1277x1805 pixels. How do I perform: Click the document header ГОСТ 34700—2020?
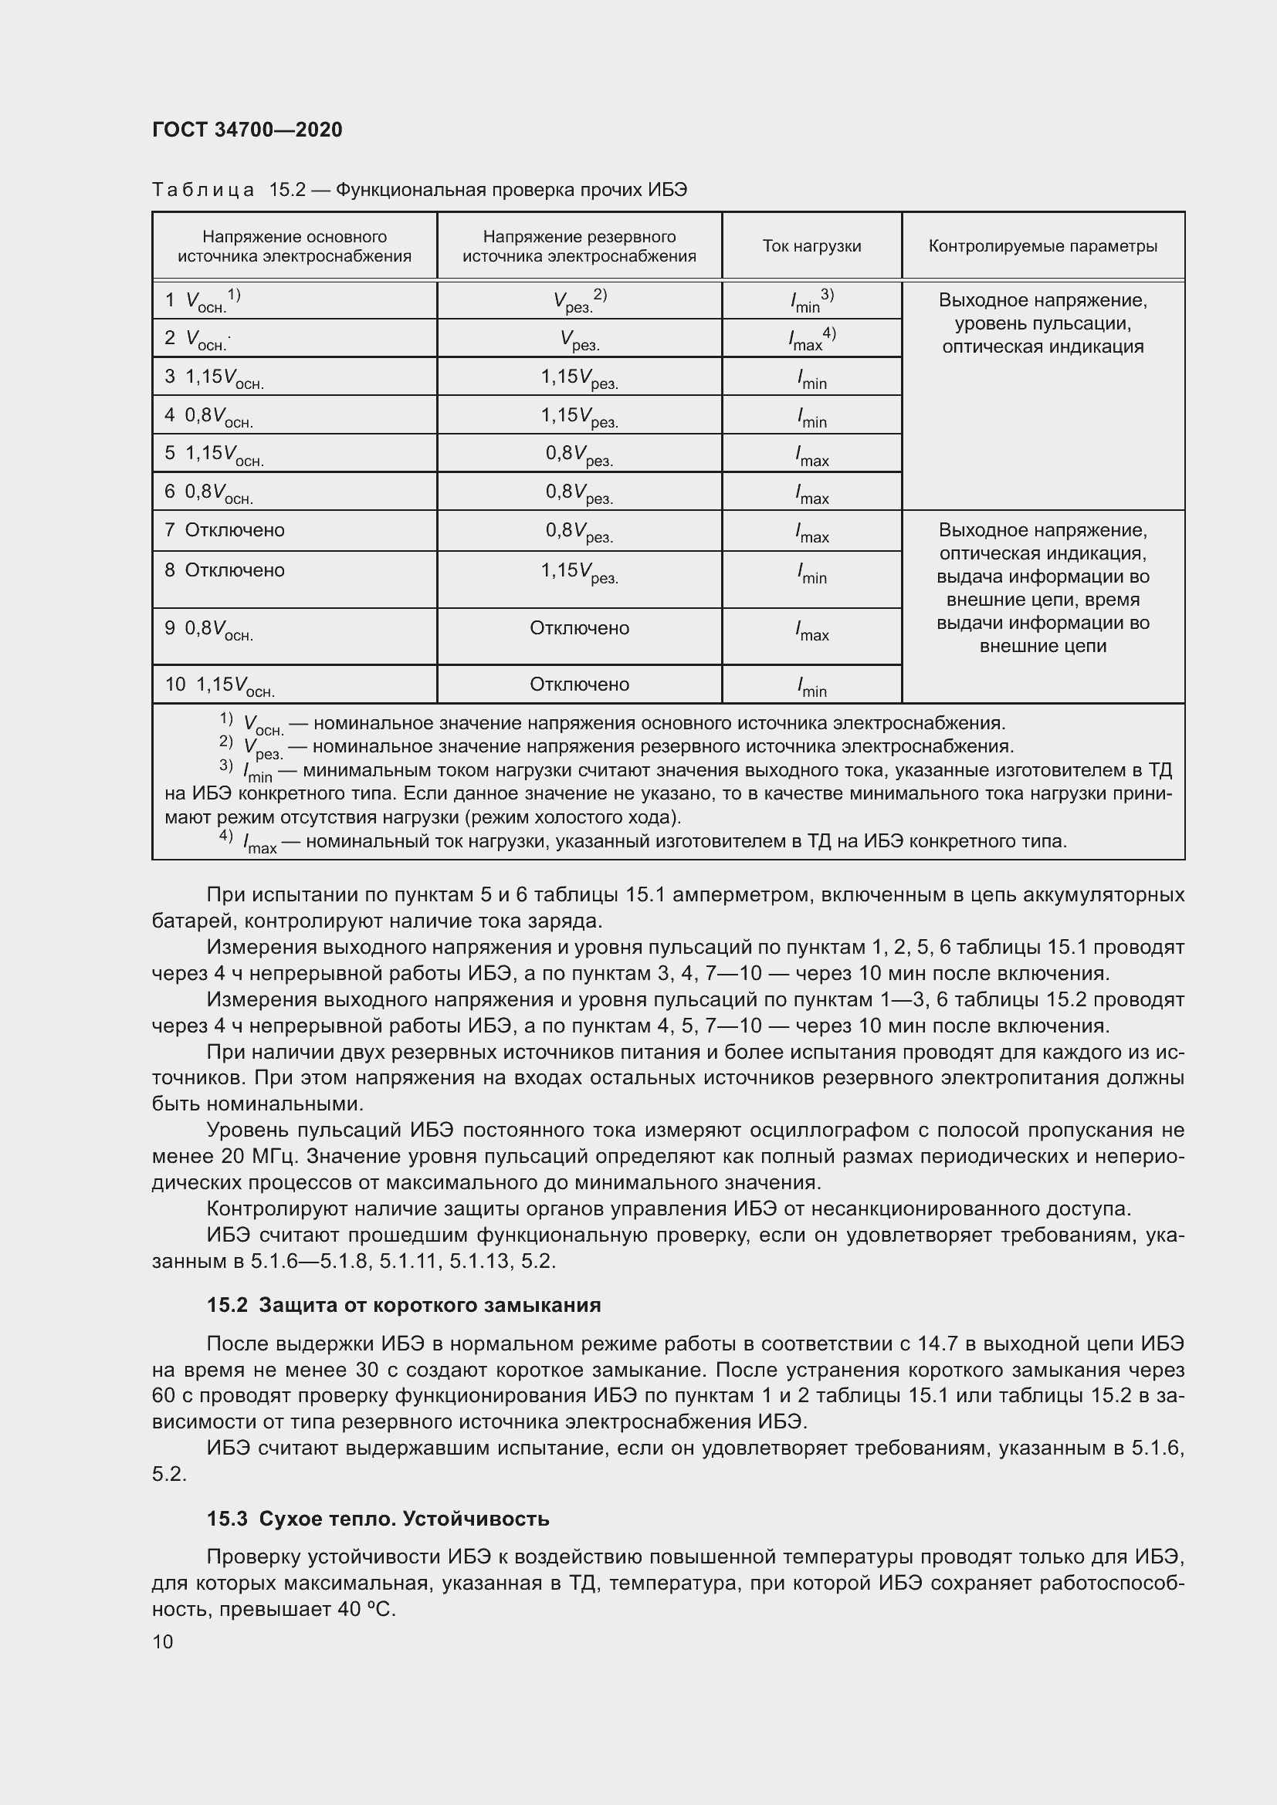tap(247, 130)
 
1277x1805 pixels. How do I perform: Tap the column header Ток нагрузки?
tap(811, 246)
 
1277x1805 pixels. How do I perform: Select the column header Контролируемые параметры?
tap(1042, 246)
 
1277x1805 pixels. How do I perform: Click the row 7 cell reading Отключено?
tap(235, 530)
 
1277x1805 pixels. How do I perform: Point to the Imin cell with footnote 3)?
tap(811, 300)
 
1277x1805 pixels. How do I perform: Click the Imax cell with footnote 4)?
tap(811, 339)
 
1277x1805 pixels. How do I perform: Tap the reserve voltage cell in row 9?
tap(579, 628)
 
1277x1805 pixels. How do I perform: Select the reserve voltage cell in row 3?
tap(579, 377)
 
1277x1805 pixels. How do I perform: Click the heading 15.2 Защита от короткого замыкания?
tap(403, 1305)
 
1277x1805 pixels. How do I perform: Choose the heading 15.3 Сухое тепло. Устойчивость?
tap(378, 1519)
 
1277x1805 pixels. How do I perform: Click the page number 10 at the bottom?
tap(163, 1641)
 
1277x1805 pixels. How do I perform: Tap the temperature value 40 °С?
tap(367, 1609)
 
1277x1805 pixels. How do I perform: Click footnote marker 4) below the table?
tap(225, 836)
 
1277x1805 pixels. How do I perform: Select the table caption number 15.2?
tap(287, 191)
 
